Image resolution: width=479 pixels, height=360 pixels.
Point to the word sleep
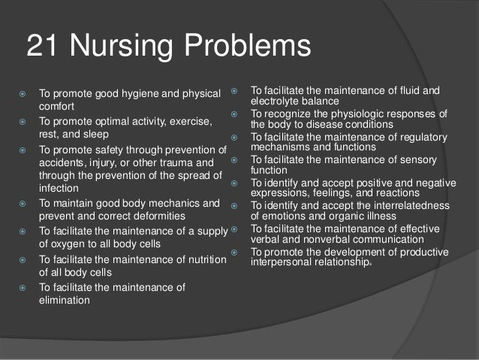pyautogui.click(x=96, y=135)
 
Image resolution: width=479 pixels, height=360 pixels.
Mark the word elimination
pyautogui.click(x=65, y=300)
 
